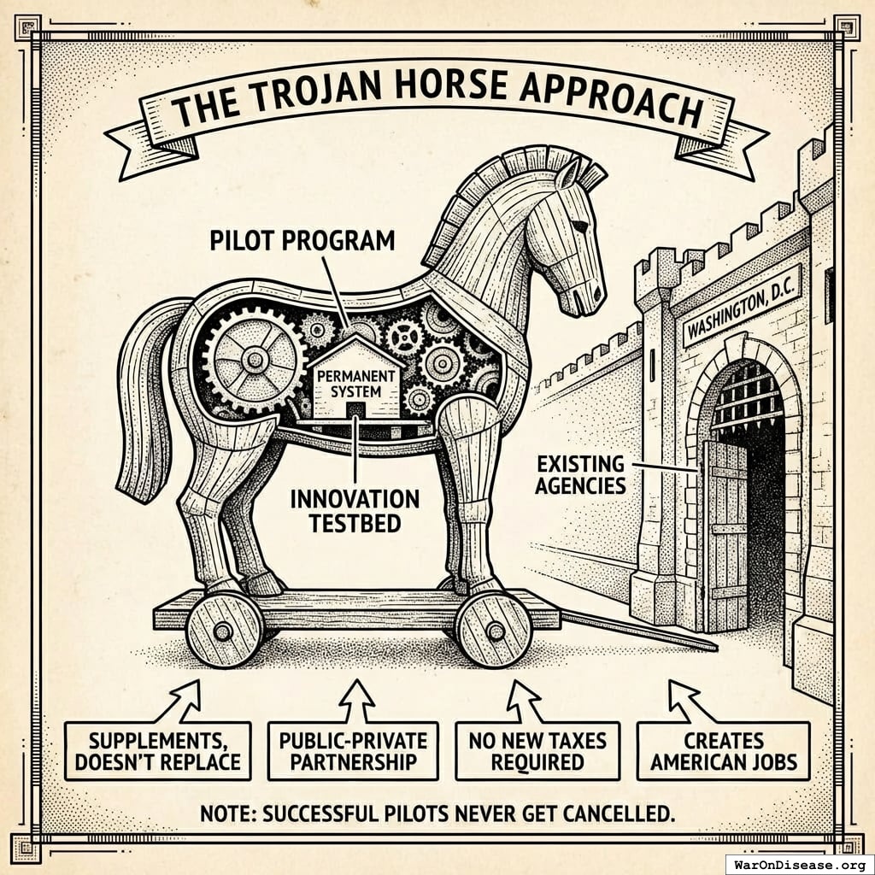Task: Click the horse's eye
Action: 579,226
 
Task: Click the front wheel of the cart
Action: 494,630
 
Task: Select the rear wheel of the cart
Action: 223,631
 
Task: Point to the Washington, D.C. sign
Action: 741,306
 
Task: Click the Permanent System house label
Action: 358,383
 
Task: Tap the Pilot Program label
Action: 302,240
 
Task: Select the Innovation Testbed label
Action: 355,509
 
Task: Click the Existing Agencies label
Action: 581,476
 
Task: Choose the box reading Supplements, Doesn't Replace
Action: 158,749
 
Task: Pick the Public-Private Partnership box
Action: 353,749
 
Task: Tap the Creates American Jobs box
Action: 723,749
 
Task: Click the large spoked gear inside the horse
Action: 254,360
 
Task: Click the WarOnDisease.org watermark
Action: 799,863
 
